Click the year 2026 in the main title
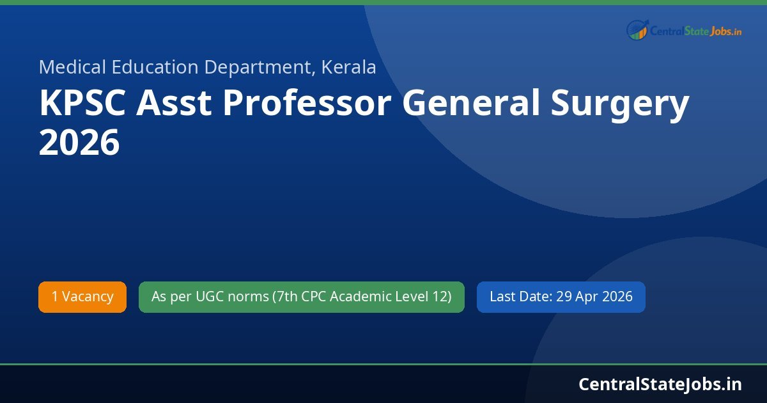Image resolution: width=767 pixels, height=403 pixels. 79,143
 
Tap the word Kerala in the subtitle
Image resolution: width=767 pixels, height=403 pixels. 349,67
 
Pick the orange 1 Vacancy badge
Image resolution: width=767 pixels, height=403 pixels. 82,297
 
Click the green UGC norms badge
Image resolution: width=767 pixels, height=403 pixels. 301,297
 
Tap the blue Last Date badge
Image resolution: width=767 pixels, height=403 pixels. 561,297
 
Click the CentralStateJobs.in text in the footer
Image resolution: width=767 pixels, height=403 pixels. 660,384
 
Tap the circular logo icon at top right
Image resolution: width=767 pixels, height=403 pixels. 637,30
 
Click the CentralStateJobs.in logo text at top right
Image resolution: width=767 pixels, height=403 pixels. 695,31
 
